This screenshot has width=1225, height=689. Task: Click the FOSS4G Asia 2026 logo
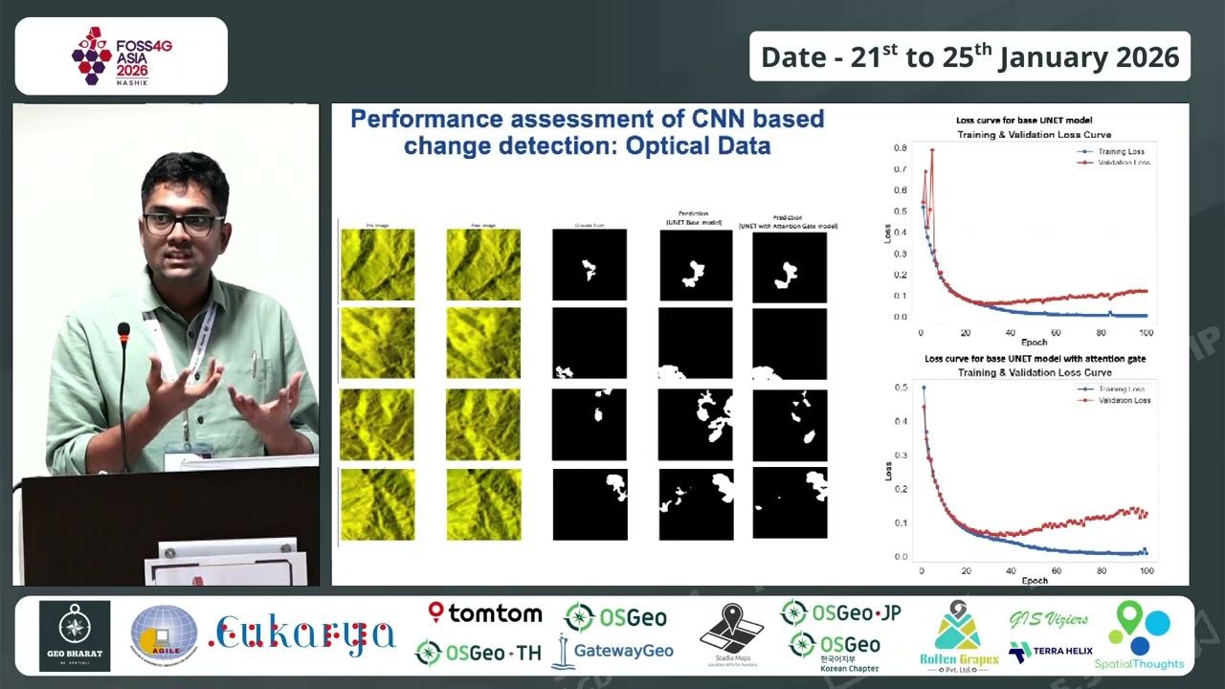(x=121, y=56)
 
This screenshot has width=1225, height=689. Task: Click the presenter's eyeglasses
(x=182, y=225)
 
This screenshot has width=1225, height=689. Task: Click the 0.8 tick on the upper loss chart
(x=901, y=148)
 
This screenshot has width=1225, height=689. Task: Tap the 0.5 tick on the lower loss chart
(x=901, y=388)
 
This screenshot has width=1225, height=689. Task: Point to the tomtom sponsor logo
(x=485, y=613)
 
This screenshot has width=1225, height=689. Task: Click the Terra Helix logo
(x=1050, y=652)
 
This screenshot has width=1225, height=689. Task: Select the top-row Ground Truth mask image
(x=590, y=266)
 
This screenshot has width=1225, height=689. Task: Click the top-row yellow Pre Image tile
(x=378, y=265)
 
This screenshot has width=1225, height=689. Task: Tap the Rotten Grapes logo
(x=960, y=636)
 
